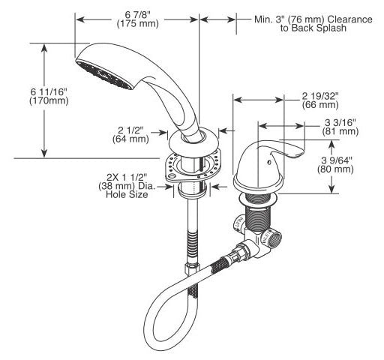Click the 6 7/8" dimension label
(x=138, y=15)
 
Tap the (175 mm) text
(x=138, y=24)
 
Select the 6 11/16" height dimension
(x=49, y=91)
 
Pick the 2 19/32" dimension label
(x=320, y=96)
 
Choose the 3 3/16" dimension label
(x=340, y=122)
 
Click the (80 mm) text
(x=335, y=169)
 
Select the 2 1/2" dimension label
(x=130, y=130)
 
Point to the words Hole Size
(x=127, y=194)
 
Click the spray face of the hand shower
(x=105, y=74)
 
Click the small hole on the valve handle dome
(x=268, y=162)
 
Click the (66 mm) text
(x=320, y=105)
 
